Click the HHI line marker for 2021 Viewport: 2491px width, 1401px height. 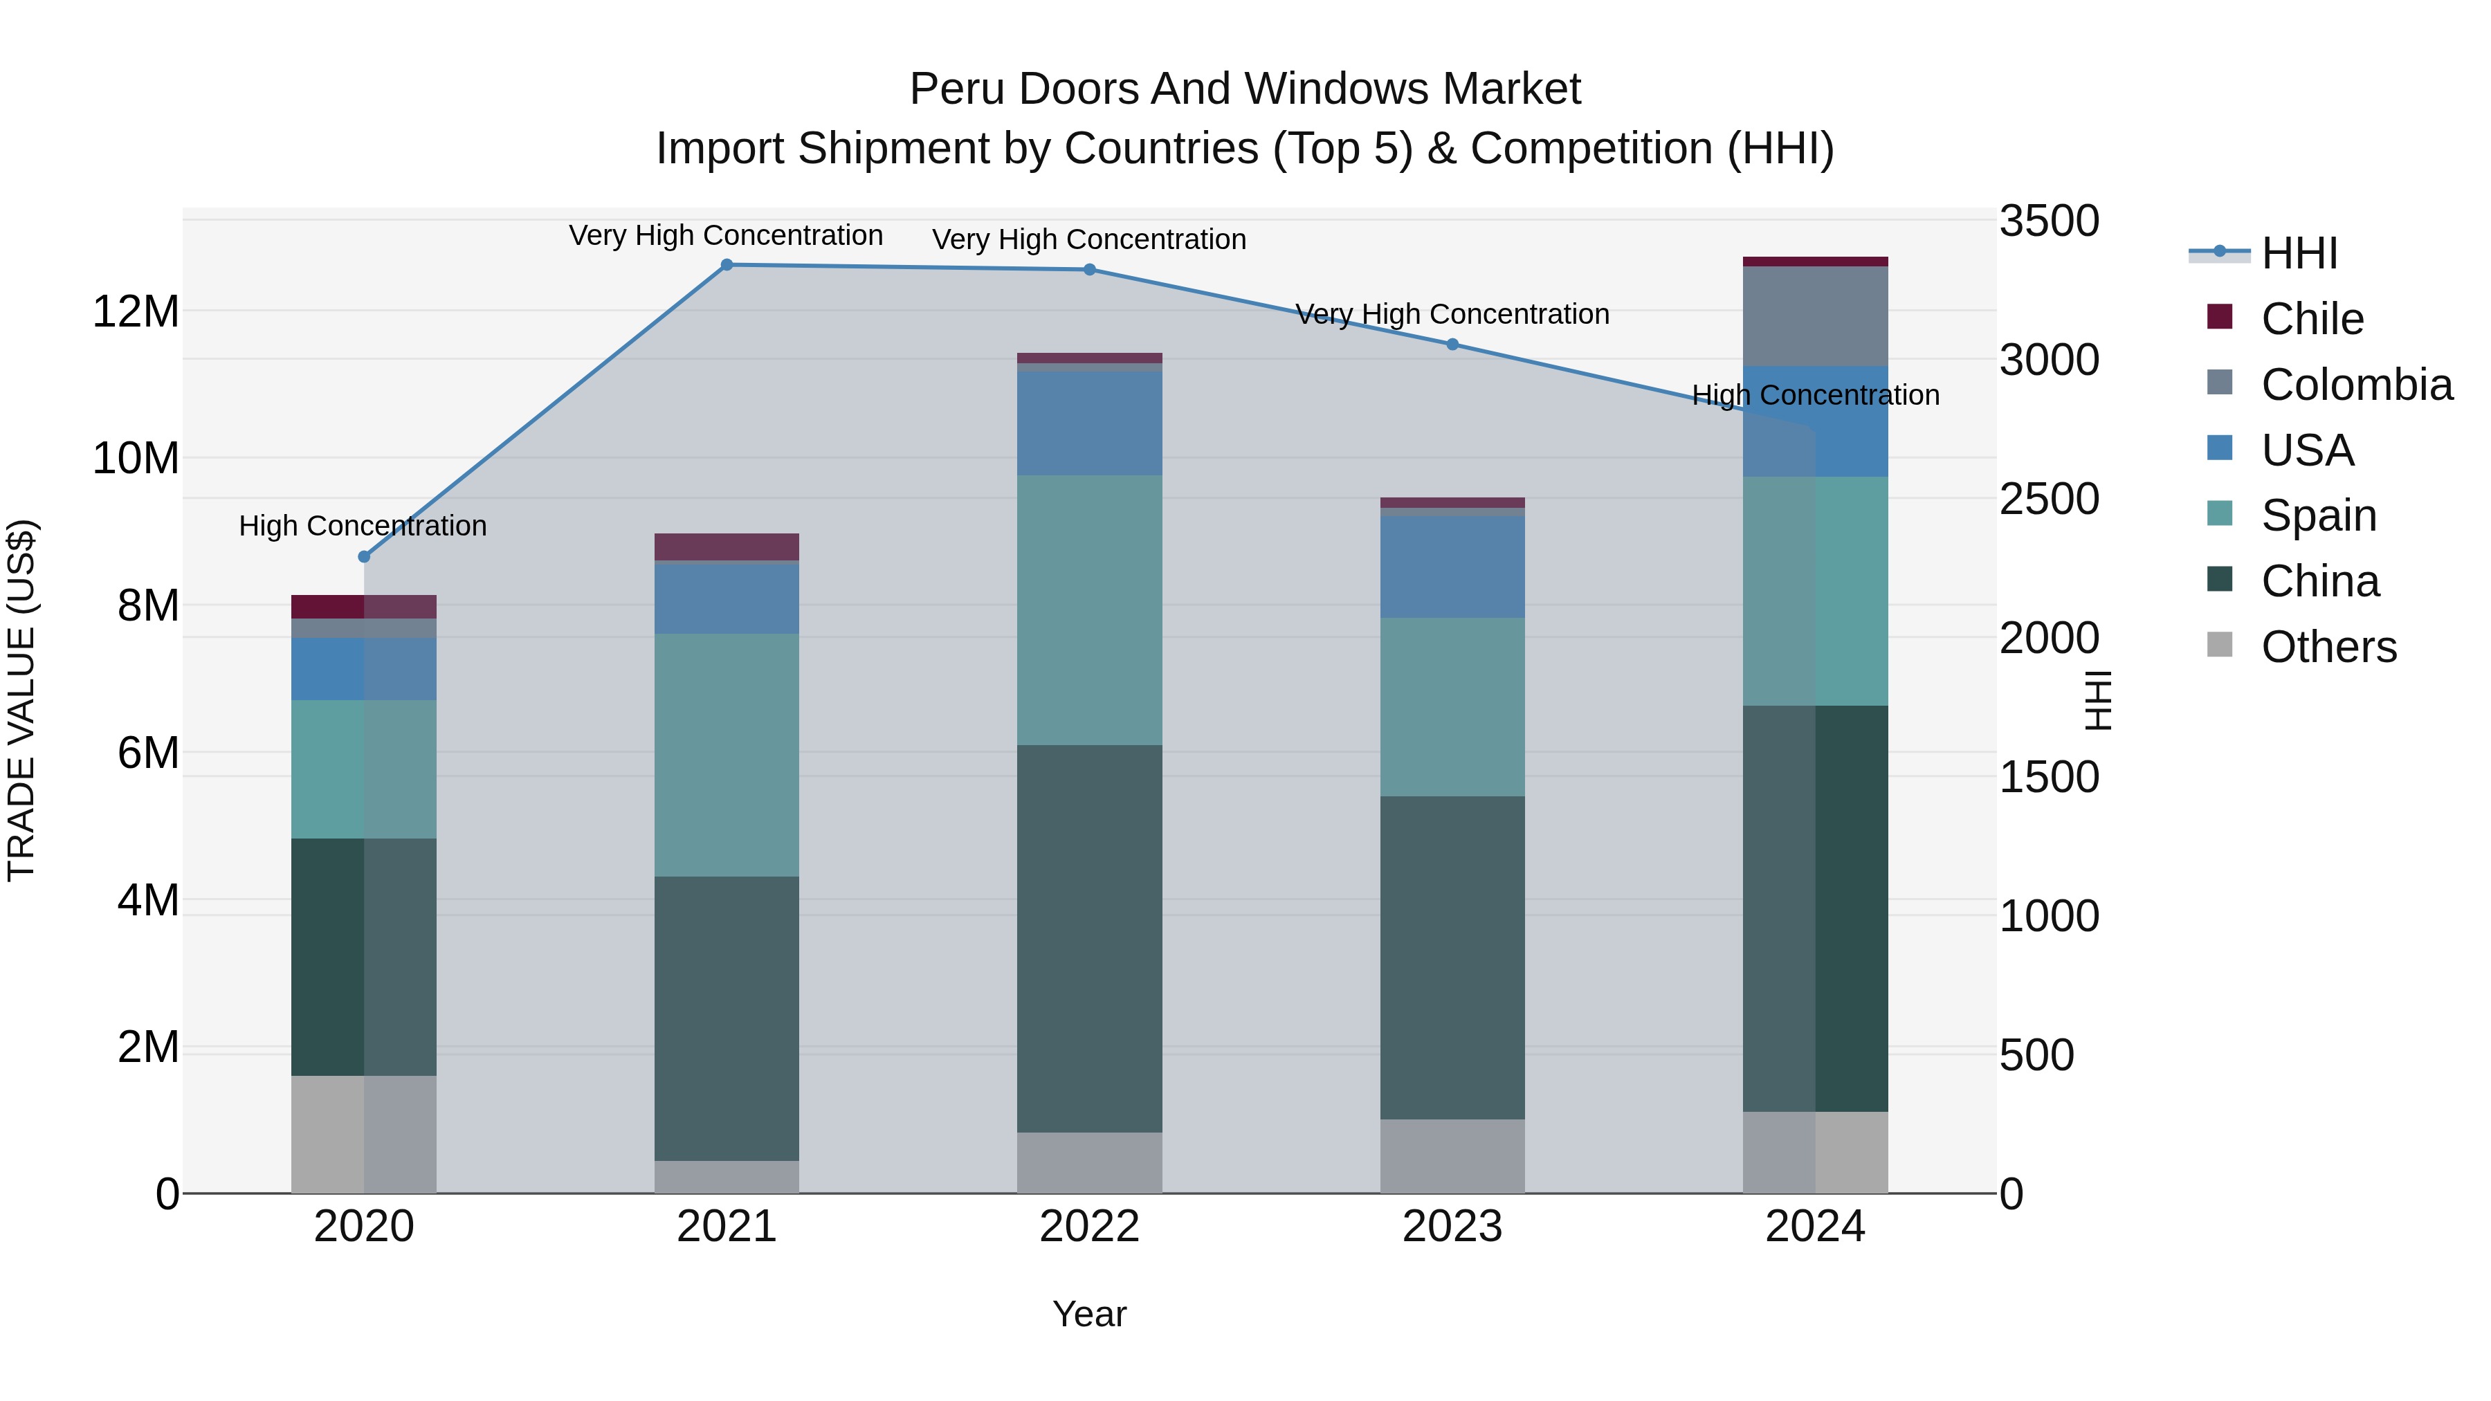pos(727,265)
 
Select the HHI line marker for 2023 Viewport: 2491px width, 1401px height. pos(1452,345)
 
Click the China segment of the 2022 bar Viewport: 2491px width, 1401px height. pos(1090,938)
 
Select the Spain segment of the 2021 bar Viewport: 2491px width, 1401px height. pos(727,755)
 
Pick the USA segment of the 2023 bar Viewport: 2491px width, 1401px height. pos(1452,567)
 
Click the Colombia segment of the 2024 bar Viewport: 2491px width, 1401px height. pos(1815,316)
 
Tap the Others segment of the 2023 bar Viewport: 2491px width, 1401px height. pos(1452,1156)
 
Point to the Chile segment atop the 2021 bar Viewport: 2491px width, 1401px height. pos(727,547)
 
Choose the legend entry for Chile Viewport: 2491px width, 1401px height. pos(2312,319)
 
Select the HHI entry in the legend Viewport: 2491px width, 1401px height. pos(2299,253)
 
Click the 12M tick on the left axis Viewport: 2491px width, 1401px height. pos(136,312)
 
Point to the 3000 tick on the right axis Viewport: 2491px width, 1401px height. pos(2049,360)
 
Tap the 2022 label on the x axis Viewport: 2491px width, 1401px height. pos(1090,1227)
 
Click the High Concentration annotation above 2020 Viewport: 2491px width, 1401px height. pos(363,526)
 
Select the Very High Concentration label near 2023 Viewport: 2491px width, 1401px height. pos(1452,314)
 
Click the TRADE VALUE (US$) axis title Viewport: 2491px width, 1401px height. pos(21,700)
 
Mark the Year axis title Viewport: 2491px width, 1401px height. pos(1090,1314)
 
